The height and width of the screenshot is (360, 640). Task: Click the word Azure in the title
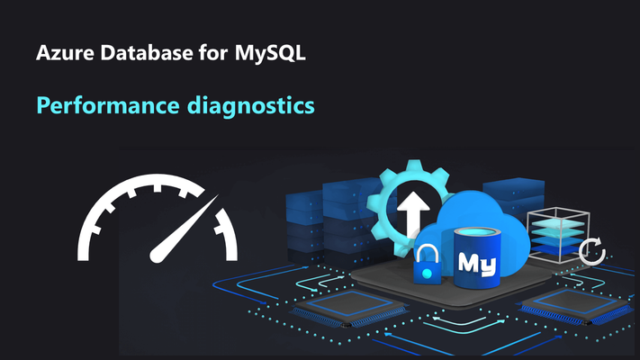(66, 53)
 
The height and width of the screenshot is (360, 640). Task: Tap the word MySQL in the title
(270, 54)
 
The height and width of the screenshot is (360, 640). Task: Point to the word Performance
(108, 105)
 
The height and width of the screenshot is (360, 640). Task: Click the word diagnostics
(250, 105)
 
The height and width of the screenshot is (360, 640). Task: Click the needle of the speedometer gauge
(184, 229)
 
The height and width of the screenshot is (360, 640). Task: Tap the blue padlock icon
(428, 265)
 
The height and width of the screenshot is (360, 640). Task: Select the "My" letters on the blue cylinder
(477, 264)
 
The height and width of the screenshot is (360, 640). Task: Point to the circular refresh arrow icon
(591, 250)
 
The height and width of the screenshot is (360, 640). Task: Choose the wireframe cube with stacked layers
(558, 235)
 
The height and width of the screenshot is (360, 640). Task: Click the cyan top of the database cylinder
(477, 233)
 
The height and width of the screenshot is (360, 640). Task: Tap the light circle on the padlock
(427, 273)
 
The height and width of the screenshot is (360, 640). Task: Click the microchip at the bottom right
(576, 306)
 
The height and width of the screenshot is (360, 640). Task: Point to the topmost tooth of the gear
(414, 165)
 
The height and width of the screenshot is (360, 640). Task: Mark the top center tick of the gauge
(158, 188)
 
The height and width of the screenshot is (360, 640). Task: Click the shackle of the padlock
(427, 253)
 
